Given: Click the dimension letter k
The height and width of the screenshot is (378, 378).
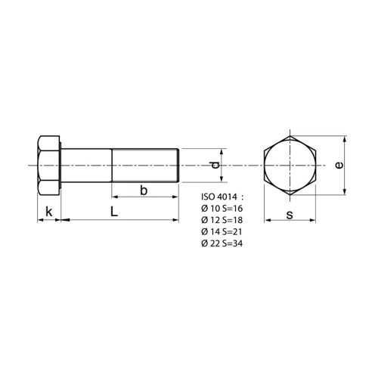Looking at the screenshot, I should (48, 212).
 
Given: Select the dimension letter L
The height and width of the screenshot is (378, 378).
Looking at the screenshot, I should (113, 212).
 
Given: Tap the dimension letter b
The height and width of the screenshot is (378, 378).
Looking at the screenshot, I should (143, 191).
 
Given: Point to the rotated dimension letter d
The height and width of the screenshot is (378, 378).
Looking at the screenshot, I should (215, 165).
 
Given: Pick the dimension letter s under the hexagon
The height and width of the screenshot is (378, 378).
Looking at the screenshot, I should (290, 214).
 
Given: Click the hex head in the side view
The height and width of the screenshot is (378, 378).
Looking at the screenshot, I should (48, 166).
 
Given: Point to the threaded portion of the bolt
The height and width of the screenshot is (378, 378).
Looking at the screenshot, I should (144, 166).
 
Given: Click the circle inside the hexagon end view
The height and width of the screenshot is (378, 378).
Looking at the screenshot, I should (291, 166).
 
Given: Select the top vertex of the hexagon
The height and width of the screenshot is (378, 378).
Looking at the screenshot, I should (291, 135).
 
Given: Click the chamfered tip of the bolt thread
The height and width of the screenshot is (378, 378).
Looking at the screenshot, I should (178, 166).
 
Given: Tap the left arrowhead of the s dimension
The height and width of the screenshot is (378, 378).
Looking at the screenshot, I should (267, 221).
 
